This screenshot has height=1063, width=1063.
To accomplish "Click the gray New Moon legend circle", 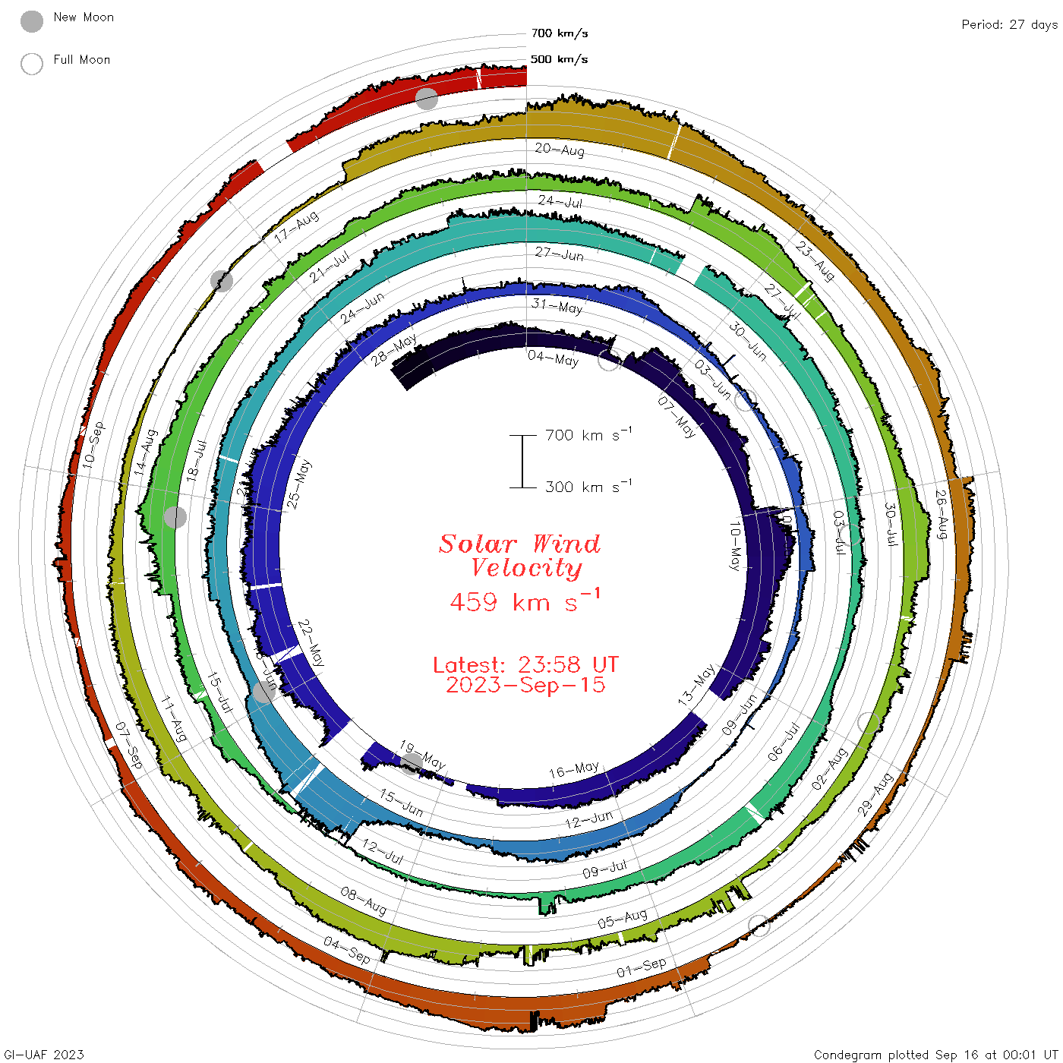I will pos(32,22).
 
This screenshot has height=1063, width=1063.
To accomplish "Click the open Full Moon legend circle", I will pos(32,64).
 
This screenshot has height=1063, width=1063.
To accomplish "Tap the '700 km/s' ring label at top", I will pos(559,33).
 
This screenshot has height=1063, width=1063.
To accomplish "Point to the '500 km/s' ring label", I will pos(559,59).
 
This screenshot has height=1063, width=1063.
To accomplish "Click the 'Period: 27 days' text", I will pos(1008,25).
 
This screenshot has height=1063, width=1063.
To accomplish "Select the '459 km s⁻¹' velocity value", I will pos(525,601).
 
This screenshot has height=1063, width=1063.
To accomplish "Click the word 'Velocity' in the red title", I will pos(526,568).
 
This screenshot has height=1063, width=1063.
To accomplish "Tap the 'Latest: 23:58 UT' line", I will pos(525,665).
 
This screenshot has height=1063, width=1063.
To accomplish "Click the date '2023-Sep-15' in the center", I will pos(525,685).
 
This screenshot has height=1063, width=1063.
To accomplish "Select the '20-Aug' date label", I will pos(560,150).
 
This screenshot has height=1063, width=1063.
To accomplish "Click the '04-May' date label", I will pos(554,358).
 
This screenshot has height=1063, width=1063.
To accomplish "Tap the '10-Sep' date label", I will pos(94,445).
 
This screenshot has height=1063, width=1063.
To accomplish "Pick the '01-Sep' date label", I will pos(642,967).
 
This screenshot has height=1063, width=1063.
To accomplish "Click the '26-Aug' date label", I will pos(941,515).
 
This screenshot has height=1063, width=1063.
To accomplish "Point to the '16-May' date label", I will pos(574,770).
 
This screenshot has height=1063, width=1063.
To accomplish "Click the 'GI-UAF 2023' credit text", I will pos(44,1055).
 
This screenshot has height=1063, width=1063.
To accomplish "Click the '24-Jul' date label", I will pos(560,201).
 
